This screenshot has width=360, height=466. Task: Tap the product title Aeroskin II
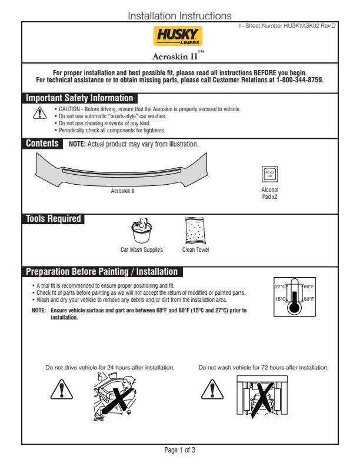(x=178, y=56)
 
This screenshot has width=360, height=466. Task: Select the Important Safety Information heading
(x=79, y=98)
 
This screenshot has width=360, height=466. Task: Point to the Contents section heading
(x=42, y=144)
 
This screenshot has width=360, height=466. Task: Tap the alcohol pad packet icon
(x=269, y=175)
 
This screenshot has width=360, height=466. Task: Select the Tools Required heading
(x=53, y=219)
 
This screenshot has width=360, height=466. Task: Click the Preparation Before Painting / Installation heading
(x=102, y=272)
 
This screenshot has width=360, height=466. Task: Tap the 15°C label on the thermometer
(x=280, y=299)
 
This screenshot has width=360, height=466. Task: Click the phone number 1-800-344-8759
(x=299, y=80)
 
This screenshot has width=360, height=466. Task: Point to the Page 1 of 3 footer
(x=179, y=451)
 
